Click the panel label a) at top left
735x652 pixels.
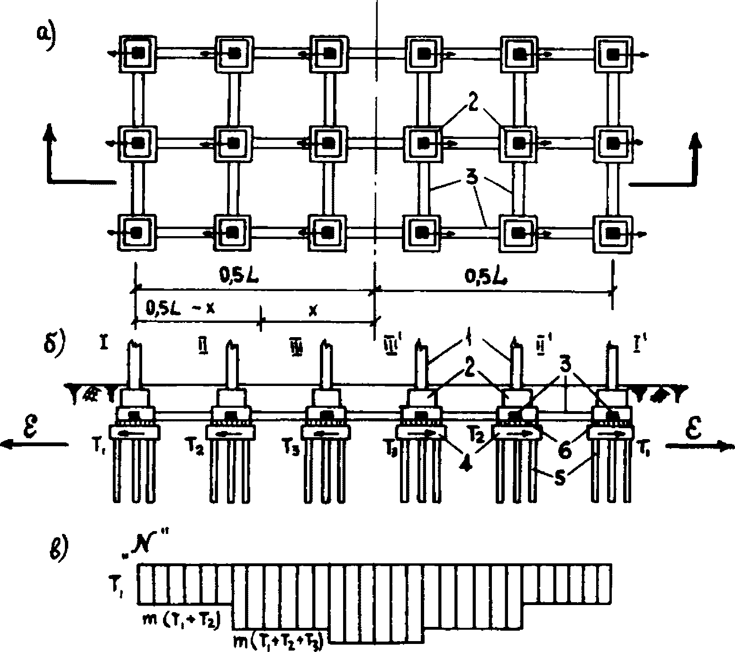click(x=48, y=34)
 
